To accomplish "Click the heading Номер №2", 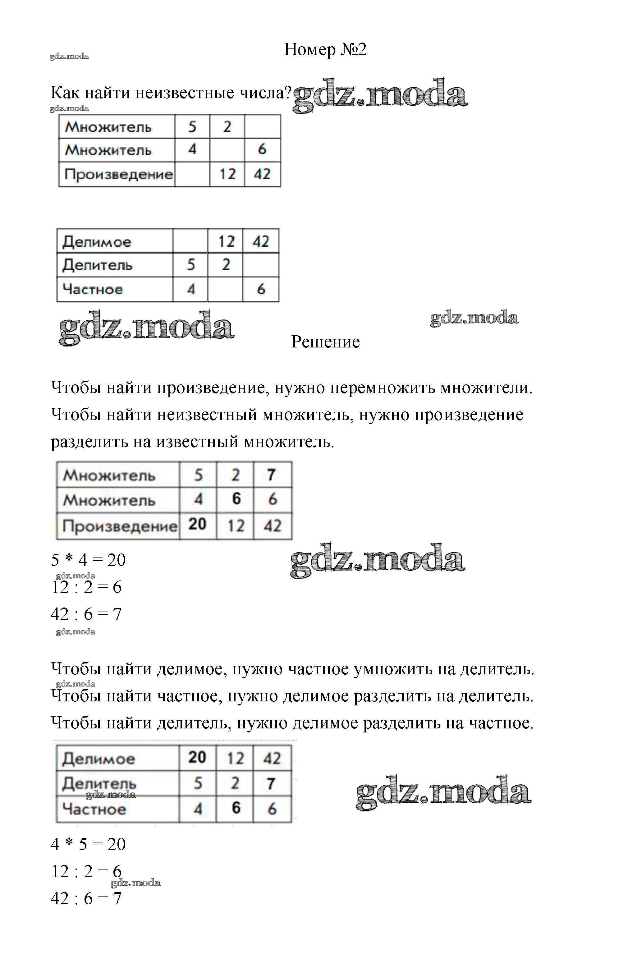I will pos(325,50).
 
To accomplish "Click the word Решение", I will pos(325,342).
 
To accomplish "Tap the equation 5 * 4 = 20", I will pos(88,560).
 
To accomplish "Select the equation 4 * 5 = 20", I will pos(88,844).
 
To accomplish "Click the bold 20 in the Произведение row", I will pos(197,524).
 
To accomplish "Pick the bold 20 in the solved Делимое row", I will pos(197,757).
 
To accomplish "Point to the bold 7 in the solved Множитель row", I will pos(271,474).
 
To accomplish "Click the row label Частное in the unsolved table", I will pos(93,290).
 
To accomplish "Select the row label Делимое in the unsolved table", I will pos(97,241).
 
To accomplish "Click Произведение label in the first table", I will pos(118,174).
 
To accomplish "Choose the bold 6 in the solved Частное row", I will pos(236,808).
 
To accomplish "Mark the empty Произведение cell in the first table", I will pos(192,174).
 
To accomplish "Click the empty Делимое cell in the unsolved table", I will pos(190,241).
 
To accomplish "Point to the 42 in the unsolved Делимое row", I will pos(261,241).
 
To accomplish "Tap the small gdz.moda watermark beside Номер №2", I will pos(69,56).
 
